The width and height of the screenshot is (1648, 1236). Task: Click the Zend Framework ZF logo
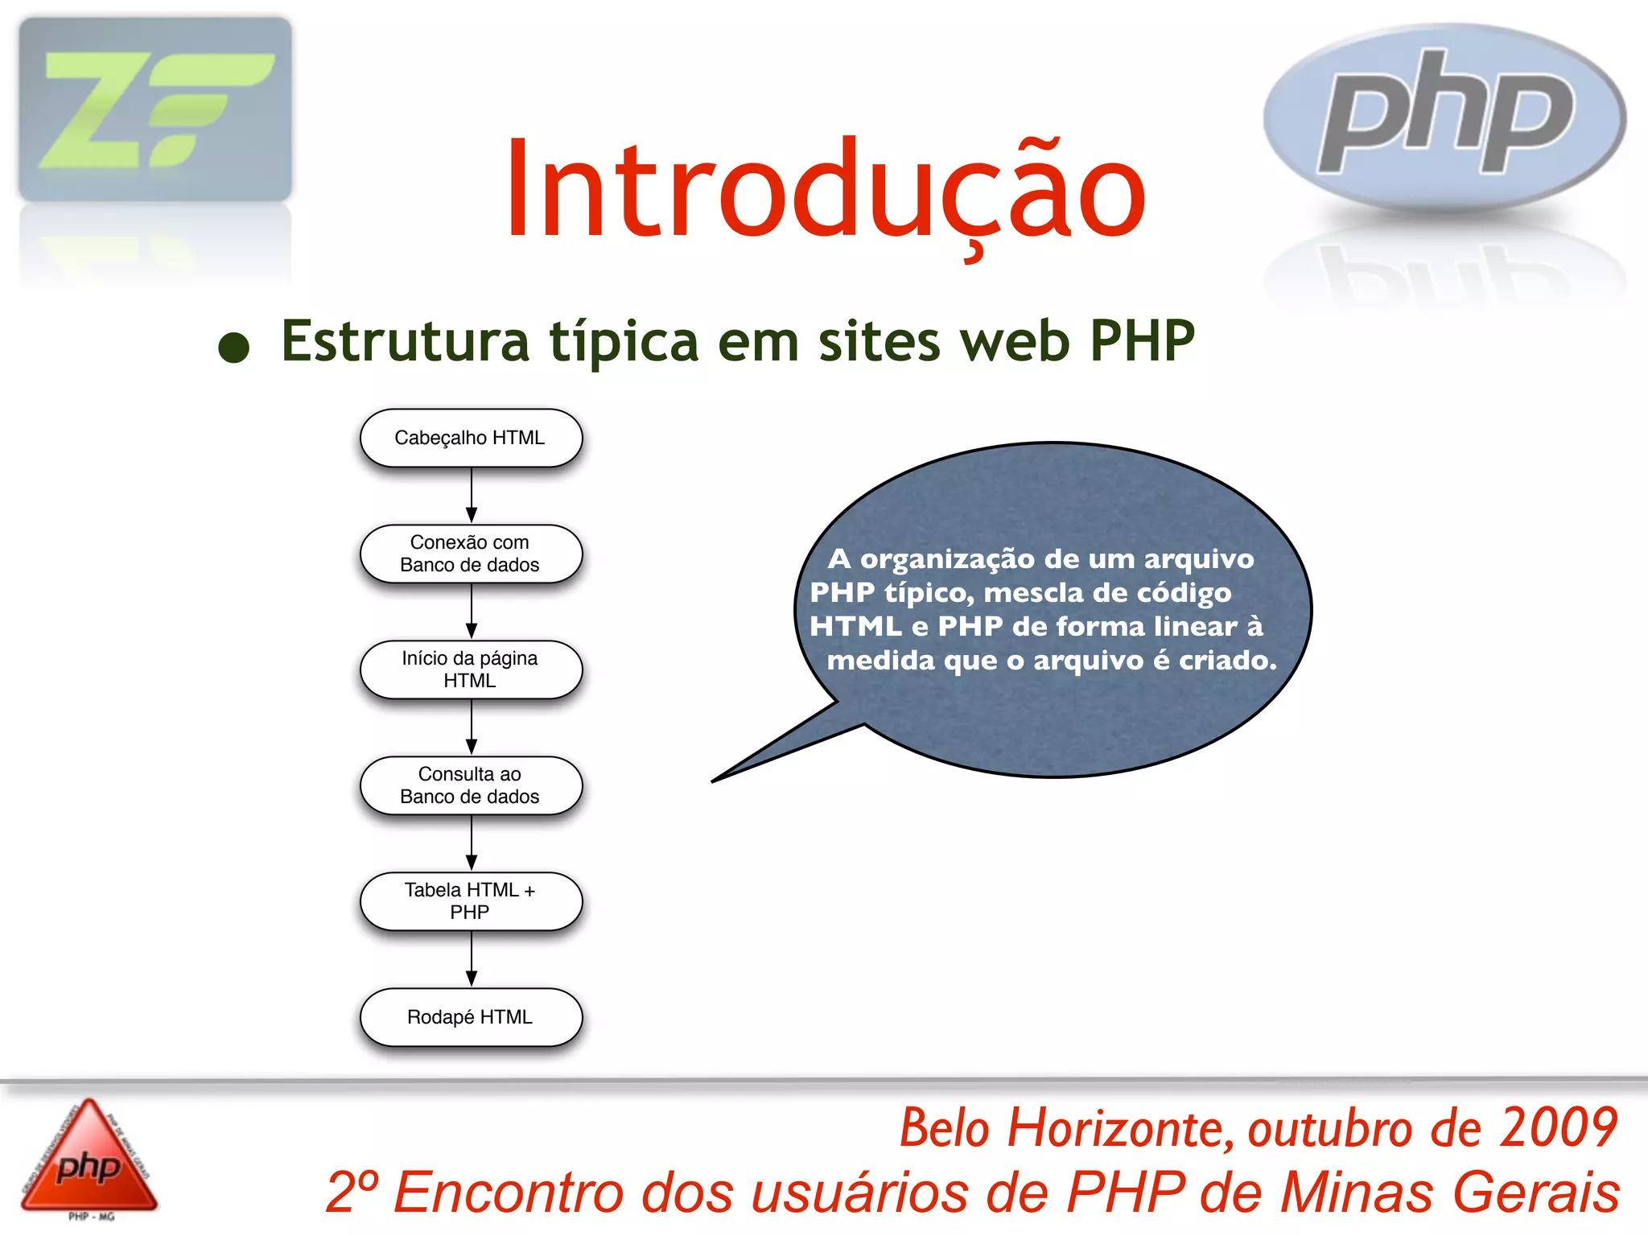pyautogui.click(x=155, y=109)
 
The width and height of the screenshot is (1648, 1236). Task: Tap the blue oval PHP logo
pyautogui.click(x=1444, y=117)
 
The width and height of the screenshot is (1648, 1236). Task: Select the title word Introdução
pyautogui.click(x=825, y=192)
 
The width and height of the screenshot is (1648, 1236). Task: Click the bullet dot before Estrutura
pyautogui.click(x=234, y=347)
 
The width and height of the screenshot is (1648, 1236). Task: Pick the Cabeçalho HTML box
pyautogui.click(x=471, y=438)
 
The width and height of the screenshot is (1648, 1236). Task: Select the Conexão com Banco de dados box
pyautogui.click(x=471, y=554)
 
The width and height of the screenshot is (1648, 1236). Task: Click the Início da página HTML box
pyautogui.click(x=471, y=669)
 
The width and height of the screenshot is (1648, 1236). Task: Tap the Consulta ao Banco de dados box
pyautogui.click(x=471, y=785)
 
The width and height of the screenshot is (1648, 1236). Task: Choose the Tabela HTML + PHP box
pyautogui.click(x=471, y=901)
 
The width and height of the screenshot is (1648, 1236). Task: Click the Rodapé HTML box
pyautogui.click(x=471, y=1017)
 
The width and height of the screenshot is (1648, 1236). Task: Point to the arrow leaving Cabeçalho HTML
pyautogui.click(x=472, y=495)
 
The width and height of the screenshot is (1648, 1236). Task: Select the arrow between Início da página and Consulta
pyautogui.click(x=472, y=727)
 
